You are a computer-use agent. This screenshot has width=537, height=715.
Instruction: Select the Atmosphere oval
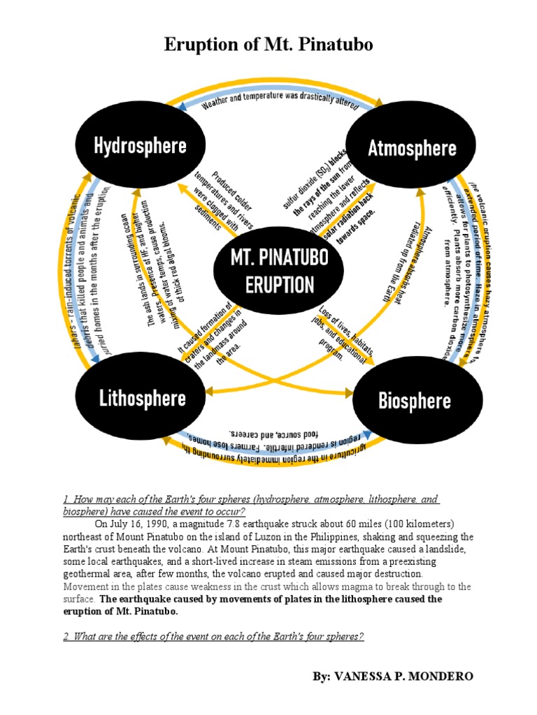(412, 147)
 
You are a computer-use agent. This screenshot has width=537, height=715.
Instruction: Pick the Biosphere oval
(414, 401)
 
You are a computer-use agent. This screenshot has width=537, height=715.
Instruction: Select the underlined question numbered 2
(213, 637)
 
